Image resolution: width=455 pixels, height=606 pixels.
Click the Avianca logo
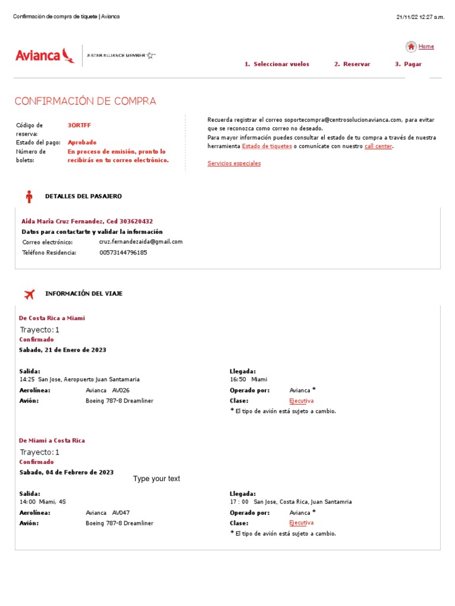45,56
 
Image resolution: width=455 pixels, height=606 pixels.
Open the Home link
426,47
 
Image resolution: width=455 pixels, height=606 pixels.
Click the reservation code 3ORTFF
79,125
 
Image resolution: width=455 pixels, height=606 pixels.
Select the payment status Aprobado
82,143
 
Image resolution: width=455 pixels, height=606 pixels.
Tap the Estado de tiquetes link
267,146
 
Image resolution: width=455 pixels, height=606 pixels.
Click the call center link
378,146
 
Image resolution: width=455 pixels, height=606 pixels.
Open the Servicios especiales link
234,163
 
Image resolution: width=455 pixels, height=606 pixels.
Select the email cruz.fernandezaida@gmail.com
141,242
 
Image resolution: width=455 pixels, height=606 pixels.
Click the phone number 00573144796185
123,253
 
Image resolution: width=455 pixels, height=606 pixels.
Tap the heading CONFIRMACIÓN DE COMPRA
85,101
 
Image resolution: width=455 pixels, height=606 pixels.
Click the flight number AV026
121,391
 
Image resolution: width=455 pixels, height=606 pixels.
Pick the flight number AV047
121,513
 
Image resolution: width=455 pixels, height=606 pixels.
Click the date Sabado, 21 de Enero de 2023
63,350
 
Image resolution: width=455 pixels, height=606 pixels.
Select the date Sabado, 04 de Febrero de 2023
66,472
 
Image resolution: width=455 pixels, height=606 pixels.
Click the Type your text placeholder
156,479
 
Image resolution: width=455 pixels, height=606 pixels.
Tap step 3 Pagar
408,65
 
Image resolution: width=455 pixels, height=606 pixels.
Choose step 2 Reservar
352,65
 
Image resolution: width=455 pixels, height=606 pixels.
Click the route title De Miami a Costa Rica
52,441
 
